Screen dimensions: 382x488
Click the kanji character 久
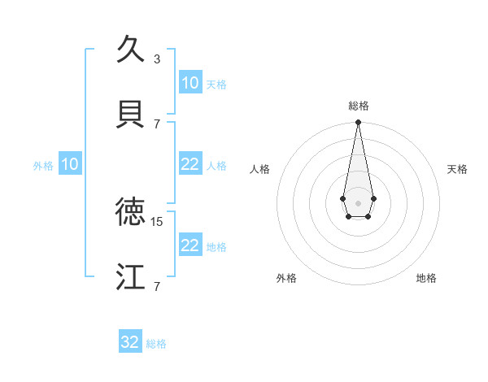pos(130,49)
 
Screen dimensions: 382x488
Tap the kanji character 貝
pos(130,113)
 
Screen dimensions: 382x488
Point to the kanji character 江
pos(130,276)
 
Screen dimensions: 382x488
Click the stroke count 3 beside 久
pos(157,59)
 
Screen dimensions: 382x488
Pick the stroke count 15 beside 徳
pos(158,221)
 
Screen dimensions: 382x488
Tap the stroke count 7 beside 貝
pos(157,124)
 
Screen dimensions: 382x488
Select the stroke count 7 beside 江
pos(157,286)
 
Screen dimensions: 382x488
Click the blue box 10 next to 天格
pos(190,83)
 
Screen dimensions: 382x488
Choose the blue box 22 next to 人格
pos(190,164)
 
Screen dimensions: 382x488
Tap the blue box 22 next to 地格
pos(190,245)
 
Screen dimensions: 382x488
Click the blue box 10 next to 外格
pos(69,164)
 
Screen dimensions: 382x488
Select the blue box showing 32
pos(130,342)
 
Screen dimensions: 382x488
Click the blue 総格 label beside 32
pos(156,344)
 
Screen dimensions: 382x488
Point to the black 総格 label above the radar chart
pos(358,106)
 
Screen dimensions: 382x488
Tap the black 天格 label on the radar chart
pos(457,169)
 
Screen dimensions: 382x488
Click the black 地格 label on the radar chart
pos(426,278)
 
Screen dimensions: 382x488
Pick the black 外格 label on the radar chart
pos(286,278)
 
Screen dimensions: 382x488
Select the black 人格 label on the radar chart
pos(259,169)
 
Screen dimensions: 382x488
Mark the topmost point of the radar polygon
pos(358,123)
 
